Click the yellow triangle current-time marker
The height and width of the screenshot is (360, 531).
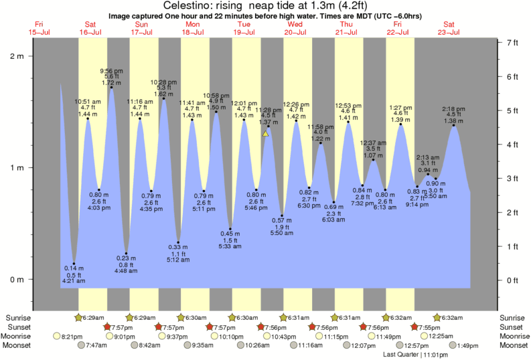coord(265,133)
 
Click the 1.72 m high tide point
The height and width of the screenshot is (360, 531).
coord(111,88)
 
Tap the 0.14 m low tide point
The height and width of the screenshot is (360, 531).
coord(74,264)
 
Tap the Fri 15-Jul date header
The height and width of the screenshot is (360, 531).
coord(39,28)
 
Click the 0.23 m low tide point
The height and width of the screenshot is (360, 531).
coord(126,254)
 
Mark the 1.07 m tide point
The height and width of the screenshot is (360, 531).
coord(374,160)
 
